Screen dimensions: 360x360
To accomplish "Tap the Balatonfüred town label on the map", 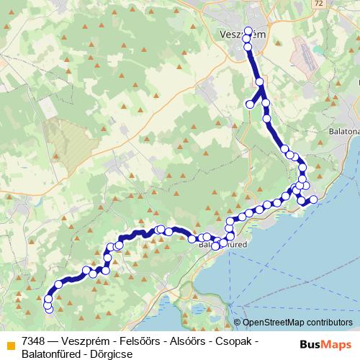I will point(222,245).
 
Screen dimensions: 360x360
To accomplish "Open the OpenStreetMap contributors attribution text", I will point(297,323).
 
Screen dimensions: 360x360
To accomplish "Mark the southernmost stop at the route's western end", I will point(49,309).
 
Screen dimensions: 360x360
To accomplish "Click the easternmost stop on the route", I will point(313,199).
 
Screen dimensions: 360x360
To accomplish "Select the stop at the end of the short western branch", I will point(250,104).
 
